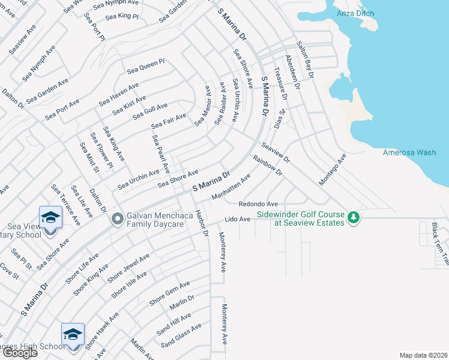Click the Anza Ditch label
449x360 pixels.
[355, 13]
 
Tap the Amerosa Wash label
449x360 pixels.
[409, 152]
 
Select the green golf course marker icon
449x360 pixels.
[354, 217]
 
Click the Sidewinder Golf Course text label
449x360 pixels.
[301, 218]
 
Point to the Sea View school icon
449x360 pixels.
[50, 217]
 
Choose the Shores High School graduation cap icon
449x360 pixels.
[73, 334]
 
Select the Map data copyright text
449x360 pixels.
[424, 355]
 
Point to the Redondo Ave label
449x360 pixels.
[258, 204]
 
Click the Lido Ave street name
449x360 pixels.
[237, 220]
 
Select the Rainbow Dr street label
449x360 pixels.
[268, 165]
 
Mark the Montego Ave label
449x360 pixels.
[333, 169]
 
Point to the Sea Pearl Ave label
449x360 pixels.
[161, 153]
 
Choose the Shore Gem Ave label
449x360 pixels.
[169, 292]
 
